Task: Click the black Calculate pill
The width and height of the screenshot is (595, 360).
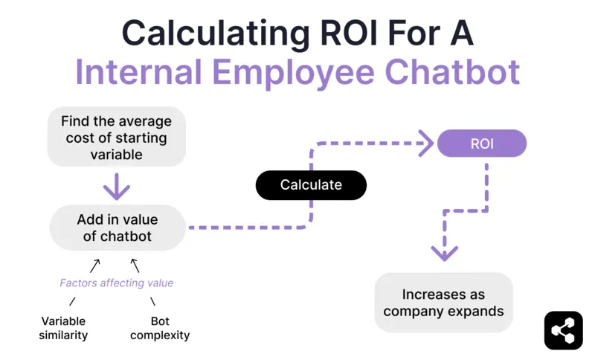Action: [311, 185]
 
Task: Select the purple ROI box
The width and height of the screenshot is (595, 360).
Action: [481, 143]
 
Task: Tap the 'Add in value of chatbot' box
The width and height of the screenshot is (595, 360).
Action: [117, 228]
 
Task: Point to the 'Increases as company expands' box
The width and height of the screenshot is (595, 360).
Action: [443, 302]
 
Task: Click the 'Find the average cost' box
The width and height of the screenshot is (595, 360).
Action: [116, 138]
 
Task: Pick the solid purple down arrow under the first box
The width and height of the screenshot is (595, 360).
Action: [117, 186]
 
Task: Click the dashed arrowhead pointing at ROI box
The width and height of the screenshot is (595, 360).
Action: [425, 143]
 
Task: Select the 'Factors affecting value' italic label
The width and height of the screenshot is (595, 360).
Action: [117, 283]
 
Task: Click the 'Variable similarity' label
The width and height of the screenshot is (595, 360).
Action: [63, 328]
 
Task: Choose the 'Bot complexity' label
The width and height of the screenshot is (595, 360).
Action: [160, 328]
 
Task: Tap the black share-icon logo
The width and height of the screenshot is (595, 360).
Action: [563, 330]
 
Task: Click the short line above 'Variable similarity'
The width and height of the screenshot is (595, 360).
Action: [73, 301]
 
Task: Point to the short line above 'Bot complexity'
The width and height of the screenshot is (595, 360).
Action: [153, 301]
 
